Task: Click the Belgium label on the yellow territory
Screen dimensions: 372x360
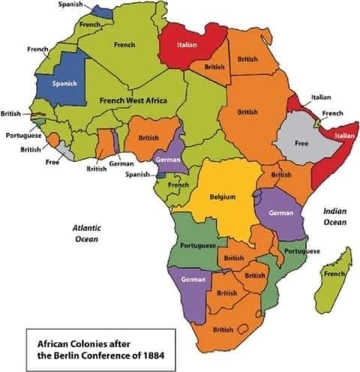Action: pos(223,196)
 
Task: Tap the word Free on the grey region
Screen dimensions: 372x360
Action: pos(301,142)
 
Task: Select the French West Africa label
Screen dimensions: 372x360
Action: pos(133,100)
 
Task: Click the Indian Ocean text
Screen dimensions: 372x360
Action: pos(334,217)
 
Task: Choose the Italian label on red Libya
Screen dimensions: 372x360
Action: pos(187,45)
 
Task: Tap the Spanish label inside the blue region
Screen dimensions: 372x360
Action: pos(64,83)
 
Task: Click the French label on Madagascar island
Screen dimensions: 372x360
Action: pos(333,274)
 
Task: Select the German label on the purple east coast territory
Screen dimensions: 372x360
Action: pos(280,213)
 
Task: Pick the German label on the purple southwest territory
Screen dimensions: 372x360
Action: pos(193,279)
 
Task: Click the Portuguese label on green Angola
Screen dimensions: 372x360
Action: pos(198,246)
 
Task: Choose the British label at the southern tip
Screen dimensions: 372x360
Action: pos(223,329)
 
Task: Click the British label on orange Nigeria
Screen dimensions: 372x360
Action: pos(148,138)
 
